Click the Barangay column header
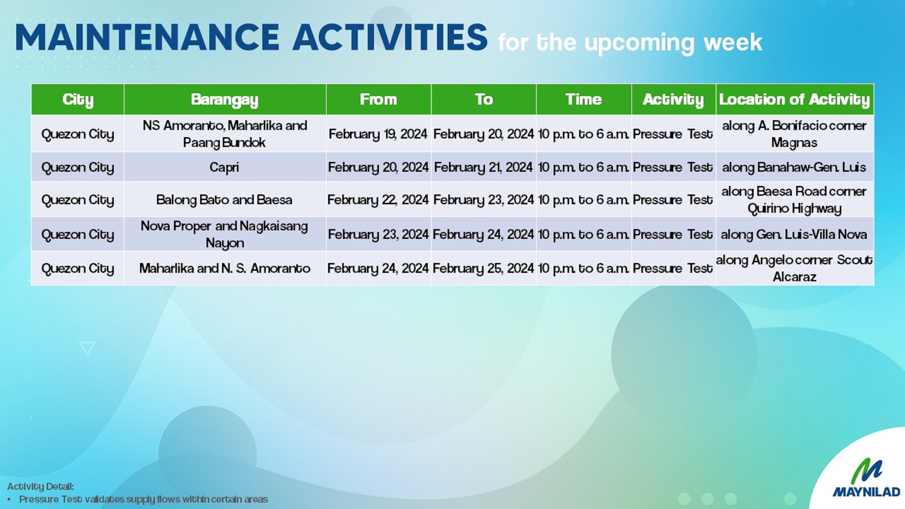(x=225, y=99)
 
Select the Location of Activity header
(x=794, y=99)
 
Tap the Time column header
(x=583, y=99)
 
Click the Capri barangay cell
(x=224, y=167)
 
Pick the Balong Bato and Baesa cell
(x=224, y=200)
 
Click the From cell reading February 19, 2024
(x=378, y=134)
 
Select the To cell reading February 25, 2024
(x=483, y=268)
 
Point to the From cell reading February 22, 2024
(x=378, y=200)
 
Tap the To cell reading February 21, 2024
(x=483, y=167)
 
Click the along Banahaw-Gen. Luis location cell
(x=794, y=167)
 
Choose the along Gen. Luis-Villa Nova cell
(x=794, y=234)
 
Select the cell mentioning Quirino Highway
(x=794, y=200)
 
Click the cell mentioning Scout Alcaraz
(x=794, y=268)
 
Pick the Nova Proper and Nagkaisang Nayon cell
(x=224, y=234)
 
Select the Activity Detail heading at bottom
(x=40, y=486)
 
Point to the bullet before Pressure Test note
(x=10, y=499)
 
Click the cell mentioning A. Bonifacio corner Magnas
(x=794, y=134)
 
